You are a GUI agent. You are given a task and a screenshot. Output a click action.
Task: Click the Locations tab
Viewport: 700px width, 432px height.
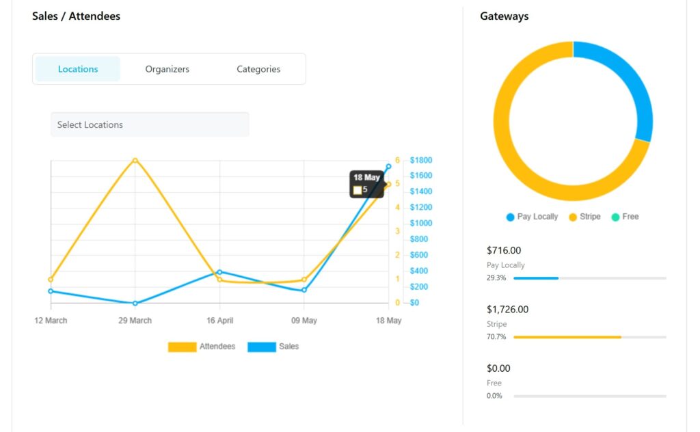[78, 69]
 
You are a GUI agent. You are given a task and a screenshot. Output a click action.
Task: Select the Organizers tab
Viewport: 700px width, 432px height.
[167, 69]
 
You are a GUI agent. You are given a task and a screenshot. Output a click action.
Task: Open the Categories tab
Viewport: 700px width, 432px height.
[258, 69]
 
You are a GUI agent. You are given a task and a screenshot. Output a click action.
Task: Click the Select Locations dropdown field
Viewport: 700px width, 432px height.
[150, 124]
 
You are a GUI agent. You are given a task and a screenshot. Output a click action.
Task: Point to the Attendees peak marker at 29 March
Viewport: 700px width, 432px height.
[135, 161]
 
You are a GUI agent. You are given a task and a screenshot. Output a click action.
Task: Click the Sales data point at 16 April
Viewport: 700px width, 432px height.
[219, 272]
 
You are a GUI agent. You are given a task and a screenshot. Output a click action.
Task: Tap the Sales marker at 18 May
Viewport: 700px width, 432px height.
[388, 166]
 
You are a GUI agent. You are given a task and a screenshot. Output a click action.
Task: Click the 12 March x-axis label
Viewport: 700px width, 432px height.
[51, 321]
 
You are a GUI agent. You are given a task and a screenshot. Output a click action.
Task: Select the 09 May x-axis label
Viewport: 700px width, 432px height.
[304, 321]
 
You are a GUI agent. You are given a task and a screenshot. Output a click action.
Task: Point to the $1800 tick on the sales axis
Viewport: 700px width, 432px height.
[420, 161]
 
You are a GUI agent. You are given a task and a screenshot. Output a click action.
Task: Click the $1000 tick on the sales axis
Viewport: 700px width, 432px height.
[420, 224]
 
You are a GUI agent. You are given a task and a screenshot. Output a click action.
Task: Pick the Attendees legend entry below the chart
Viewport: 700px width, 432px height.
[202, 347]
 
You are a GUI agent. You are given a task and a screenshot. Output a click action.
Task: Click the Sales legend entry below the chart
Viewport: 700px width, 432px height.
[273, 347]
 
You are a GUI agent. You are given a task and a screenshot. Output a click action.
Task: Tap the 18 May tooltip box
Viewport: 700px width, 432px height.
[367, 184]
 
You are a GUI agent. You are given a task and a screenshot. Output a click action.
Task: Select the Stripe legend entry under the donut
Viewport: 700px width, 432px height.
[584, 217]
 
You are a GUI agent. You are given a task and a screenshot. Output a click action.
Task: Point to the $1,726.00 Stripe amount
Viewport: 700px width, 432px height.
[507, 310]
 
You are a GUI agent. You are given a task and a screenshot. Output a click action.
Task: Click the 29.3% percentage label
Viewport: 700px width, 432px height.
[496, 278]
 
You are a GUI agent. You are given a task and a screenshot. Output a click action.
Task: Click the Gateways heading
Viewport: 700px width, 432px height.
[504, 16]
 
